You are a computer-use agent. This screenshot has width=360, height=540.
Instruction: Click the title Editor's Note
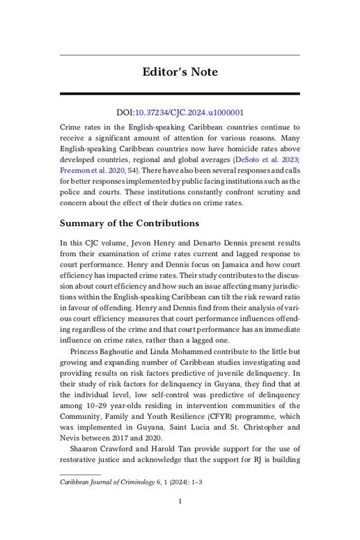pyautogui.click(x=180, y=72)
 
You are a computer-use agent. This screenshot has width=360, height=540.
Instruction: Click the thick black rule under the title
pyautogui.click(x=180, y=94)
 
